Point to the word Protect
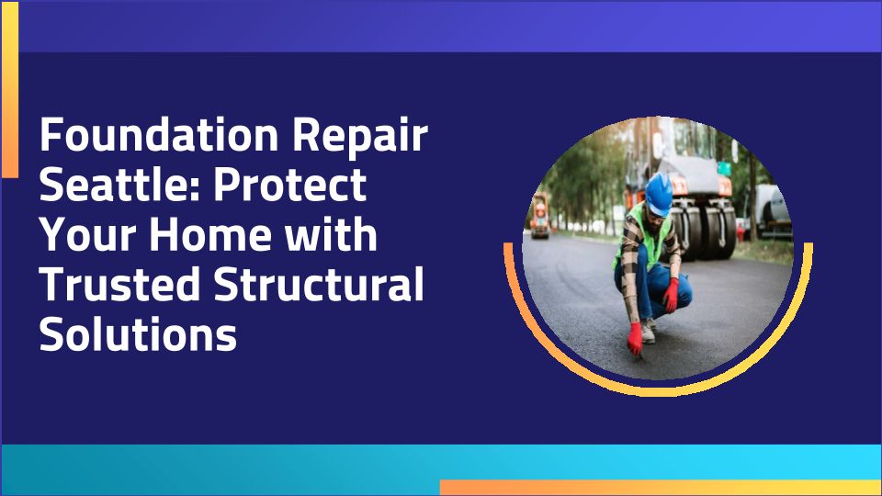pyautogui.click(x=289, y=184)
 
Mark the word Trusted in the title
pyautogui.click(x=120, y=284)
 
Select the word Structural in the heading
pyautogui.click(x=319, y=284)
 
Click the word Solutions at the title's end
pyautogui.click(x=138, y=333)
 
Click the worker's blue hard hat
pyautogui.click(x=659, y=194)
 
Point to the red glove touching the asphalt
pyautogui.click(x=635, y=339)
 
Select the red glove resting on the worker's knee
pyautogui.click(x=671, y=295)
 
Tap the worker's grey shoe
pyautogui.click(x=648, y=331)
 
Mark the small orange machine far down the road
pyautogui.click(x=540, y=216)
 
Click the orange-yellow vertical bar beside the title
pyautogui.click(x=10, y=89)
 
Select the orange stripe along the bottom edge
pyautogui.click(x=661, y=487)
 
